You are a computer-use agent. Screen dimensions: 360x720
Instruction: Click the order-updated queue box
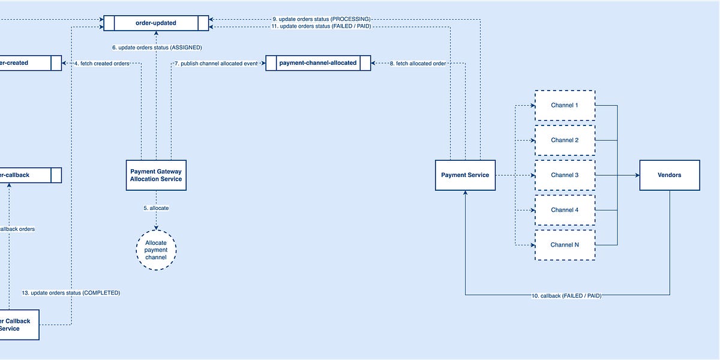(x=156, y=23)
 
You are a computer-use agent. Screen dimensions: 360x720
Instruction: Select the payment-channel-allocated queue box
(x=318, y=63)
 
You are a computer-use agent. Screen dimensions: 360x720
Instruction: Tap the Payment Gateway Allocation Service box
(x=156, y=175)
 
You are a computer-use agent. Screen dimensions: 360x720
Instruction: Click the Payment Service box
(x=465, y=175)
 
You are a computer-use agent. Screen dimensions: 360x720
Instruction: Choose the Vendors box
(x=669, y=175)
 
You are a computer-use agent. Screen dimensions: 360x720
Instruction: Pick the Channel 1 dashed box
(x=564, y=106)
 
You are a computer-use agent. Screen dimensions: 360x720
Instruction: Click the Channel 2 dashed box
(x=564, y=140)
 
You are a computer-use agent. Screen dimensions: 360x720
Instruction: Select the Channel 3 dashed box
(x=564, y=175)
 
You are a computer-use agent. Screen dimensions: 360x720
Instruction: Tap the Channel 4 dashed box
(x=564, y=210)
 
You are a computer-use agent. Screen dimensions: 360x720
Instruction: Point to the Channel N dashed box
(x=564, y=245)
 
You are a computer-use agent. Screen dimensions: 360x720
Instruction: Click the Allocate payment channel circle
(x=156, y=250)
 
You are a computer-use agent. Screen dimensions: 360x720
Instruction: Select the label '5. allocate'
(x=156, y=208)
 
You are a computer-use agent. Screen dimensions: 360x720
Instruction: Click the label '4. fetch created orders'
(x=102, y=63)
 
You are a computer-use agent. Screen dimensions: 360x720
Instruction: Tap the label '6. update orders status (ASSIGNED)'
(x=157, y=47)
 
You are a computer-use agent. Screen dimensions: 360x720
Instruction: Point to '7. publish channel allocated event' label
(x=216, y=63)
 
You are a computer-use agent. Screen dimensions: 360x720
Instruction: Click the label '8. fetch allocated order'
(x=418, y=63)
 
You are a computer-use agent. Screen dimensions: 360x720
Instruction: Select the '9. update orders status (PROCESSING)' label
(x=325, y=19)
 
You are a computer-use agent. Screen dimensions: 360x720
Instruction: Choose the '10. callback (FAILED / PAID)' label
(x=566, y=296)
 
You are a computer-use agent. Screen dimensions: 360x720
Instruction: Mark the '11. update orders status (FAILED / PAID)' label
(x=325, y=26)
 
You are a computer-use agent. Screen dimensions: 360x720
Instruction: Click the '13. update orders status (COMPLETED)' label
(x=71, y=293)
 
